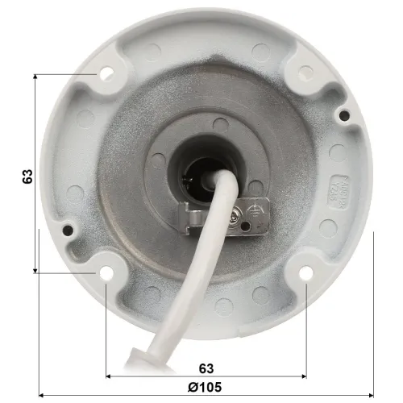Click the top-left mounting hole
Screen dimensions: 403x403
[106, 73]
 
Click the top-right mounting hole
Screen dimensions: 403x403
[305, 73]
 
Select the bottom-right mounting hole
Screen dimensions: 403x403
[306, 273]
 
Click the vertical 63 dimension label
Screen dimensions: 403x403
[27, 177]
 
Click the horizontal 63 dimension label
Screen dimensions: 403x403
[206, 368]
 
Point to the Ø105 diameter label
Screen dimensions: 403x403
[205, 387]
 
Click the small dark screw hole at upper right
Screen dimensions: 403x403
[344, 115]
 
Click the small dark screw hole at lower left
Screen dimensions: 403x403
[68, 230]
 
